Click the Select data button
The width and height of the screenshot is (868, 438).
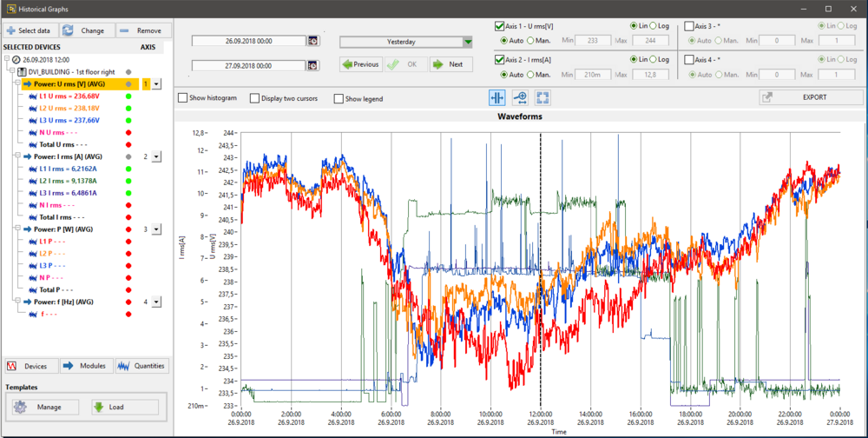coord(31,30)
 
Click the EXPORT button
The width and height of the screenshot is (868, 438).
coord(811,97)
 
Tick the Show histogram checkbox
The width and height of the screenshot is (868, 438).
coord(182,98)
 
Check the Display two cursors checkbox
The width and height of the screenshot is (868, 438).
coord(254,99)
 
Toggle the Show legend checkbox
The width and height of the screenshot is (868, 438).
coord(339,99)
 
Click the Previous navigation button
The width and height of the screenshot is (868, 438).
coord(361,64)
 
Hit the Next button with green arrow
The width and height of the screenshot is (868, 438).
coord(451,64)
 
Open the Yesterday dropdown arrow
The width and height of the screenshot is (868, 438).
coord(469,42)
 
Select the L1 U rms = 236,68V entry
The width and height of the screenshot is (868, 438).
coord(69,96)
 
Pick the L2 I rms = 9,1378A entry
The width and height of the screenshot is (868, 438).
coord(68,181)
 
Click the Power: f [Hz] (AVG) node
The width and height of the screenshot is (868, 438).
coord(63,302)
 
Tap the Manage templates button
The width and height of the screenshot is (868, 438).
coord(46,407)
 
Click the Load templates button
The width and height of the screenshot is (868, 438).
coord(125,407)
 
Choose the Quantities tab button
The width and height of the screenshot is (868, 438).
coord(141,366)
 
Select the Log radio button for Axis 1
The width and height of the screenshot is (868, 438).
coord(654,26)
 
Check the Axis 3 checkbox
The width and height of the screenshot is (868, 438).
coord(689,26)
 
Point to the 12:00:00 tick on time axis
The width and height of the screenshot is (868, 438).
coord(541,414)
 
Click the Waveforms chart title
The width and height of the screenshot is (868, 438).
coord(520,116)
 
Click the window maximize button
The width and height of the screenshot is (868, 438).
coord(828,9)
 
